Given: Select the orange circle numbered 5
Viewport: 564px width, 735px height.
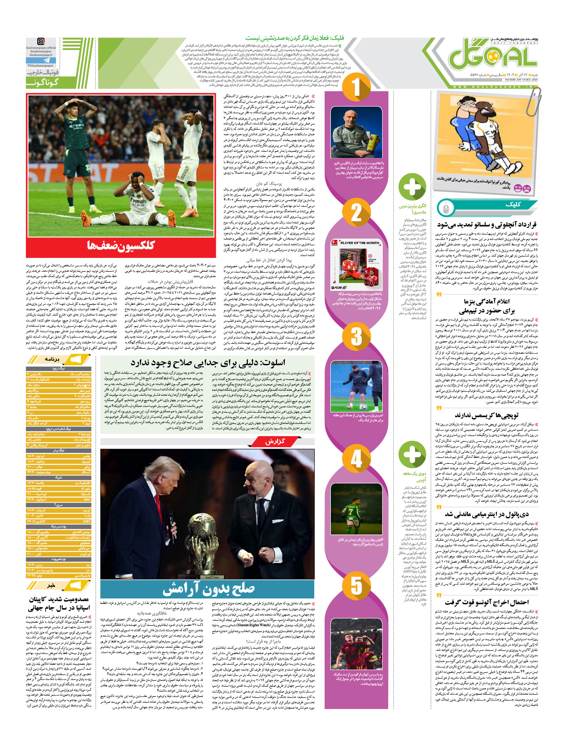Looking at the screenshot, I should [356, 585].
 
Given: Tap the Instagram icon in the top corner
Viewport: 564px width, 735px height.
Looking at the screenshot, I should [41, 42].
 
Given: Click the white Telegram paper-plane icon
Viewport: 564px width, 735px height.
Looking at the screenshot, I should [47, 60].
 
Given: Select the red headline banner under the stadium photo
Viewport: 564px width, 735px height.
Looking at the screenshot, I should [121, 245].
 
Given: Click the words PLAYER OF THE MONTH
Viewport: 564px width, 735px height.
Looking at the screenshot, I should [360, 243].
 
